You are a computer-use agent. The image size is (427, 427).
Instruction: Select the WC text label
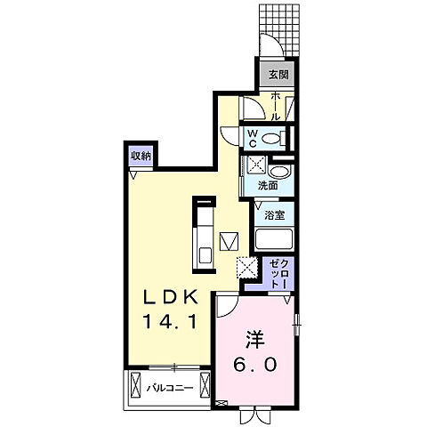[254, 137]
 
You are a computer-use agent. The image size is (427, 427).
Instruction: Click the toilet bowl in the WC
[279, 137]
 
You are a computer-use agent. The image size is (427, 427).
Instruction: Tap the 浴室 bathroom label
[274, 214]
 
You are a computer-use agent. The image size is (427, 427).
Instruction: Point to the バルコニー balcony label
[177, 388]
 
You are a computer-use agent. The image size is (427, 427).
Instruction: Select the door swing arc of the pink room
[227, 307]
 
